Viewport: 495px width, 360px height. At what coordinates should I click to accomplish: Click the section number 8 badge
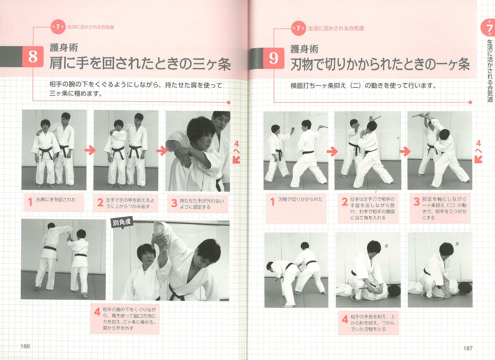[33, 56]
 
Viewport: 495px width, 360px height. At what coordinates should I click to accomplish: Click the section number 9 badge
[274, 58]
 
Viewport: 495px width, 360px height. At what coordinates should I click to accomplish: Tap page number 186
[25, 346]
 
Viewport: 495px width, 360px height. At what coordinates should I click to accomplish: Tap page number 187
[468, 348]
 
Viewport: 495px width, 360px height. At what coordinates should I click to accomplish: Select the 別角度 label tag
[122, 222]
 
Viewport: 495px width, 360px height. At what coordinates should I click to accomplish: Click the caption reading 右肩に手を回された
[55, 200]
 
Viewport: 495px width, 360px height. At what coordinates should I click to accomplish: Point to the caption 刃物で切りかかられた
[300, 199]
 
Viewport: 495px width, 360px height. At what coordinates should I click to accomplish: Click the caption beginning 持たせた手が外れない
[201, 204]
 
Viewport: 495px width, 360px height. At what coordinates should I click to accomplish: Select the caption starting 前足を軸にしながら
[444, 208]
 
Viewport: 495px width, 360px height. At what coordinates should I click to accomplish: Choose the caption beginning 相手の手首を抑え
[372, 323]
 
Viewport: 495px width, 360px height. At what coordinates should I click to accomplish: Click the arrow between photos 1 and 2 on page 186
[90, 150]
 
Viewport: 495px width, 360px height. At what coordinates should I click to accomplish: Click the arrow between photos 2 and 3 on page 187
[405, 151]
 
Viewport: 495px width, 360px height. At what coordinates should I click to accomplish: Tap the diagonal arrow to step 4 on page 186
[236, 160]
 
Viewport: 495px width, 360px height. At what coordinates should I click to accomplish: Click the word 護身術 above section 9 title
[304, 49]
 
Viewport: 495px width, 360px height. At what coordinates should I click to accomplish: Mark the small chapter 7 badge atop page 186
[57, 27]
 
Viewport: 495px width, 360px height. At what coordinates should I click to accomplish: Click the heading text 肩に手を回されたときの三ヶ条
[140, 63]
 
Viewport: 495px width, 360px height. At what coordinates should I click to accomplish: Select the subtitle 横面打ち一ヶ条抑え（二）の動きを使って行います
[363, 86]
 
